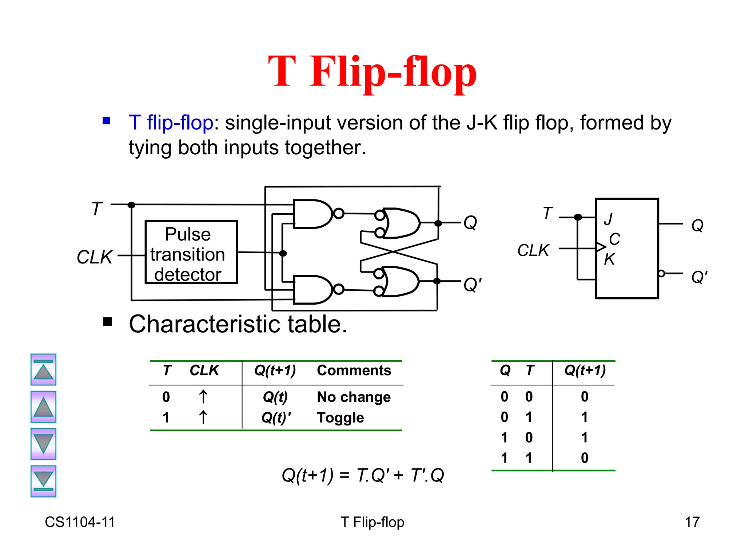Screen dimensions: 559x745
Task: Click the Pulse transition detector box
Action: click(x=191, y=252)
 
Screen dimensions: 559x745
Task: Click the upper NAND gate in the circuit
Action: click(x=311, y=214)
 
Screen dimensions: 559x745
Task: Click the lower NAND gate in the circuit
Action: click(x=311, y=290)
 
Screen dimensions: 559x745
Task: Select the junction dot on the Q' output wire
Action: click(x=437, y=281)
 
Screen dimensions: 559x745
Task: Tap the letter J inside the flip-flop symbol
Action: click(x=608, y=219)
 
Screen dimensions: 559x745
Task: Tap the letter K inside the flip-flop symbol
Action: click(x=609, y=259)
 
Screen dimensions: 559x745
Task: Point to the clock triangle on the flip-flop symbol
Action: click(x=601, y=247)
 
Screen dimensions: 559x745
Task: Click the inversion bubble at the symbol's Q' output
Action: click(x=661, y=273)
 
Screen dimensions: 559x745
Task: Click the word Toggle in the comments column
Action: click(x=340, y=417)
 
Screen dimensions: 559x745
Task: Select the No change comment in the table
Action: click(x=354, y=397)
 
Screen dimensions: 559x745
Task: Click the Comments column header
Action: click(x=354, y=370)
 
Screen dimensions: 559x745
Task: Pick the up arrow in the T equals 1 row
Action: click(x=203, y=417)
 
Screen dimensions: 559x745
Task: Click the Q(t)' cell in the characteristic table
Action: click(x=276, y=417)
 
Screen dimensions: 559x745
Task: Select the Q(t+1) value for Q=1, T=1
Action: click(x=584, y=458)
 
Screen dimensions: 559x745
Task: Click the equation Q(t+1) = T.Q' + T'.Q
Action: click(x=363, y=475)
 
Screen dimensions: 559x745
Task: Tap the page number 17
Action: click(x=692, y=522)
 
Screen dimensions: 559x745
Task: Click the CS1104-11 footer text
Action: click(x=80, y=522)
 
